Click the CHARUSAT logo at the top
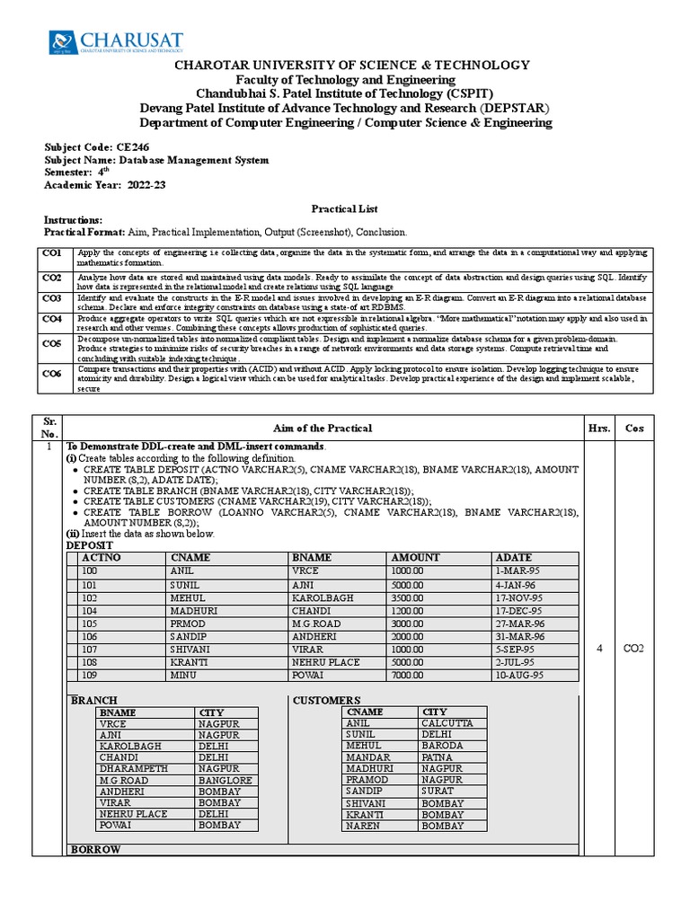pos(115,42)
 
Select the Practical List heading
pos(345,208)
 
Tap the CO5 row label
pos(52,342)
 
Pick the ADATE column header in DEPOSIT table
pos(513,558)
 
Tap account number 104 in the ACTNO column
pos(90,610)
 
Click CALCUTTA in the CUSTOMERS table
pos(447,723)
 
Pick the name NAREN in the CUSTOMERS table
pos(363,825)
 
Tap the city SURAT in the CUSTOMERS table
pos(437,792)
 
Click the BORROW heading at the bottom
pos(95,849)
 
